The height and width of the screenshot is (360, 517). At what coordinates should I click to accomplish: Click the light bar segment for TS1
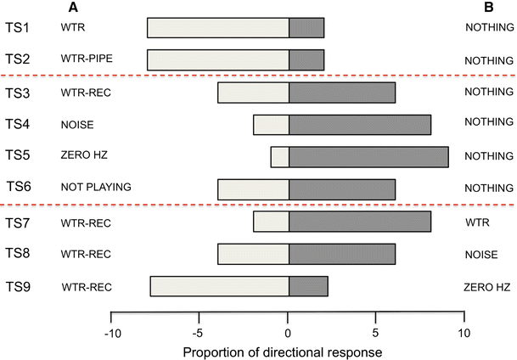click(x=217, y=27)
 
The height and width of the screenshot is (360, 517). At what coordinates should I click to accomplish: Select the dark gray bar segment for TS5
click(x=368, y=156)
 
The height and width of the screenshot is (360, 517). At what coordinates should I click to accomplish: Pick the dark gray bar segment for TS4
click(x=360, y=124)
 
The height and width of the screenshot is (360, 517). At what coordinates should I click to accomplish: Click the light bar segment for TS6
click(x=253, y=188)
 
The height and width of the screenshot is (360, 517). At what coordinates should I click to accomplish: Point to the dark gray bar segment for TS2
click(x=306, y=59)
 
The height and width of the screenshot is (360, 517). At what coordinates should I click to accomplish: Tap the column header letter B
click(x=488, y=8)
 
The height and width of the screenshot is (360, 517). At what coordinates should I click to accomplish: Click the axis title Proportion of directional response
click(x=288, y=349)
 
